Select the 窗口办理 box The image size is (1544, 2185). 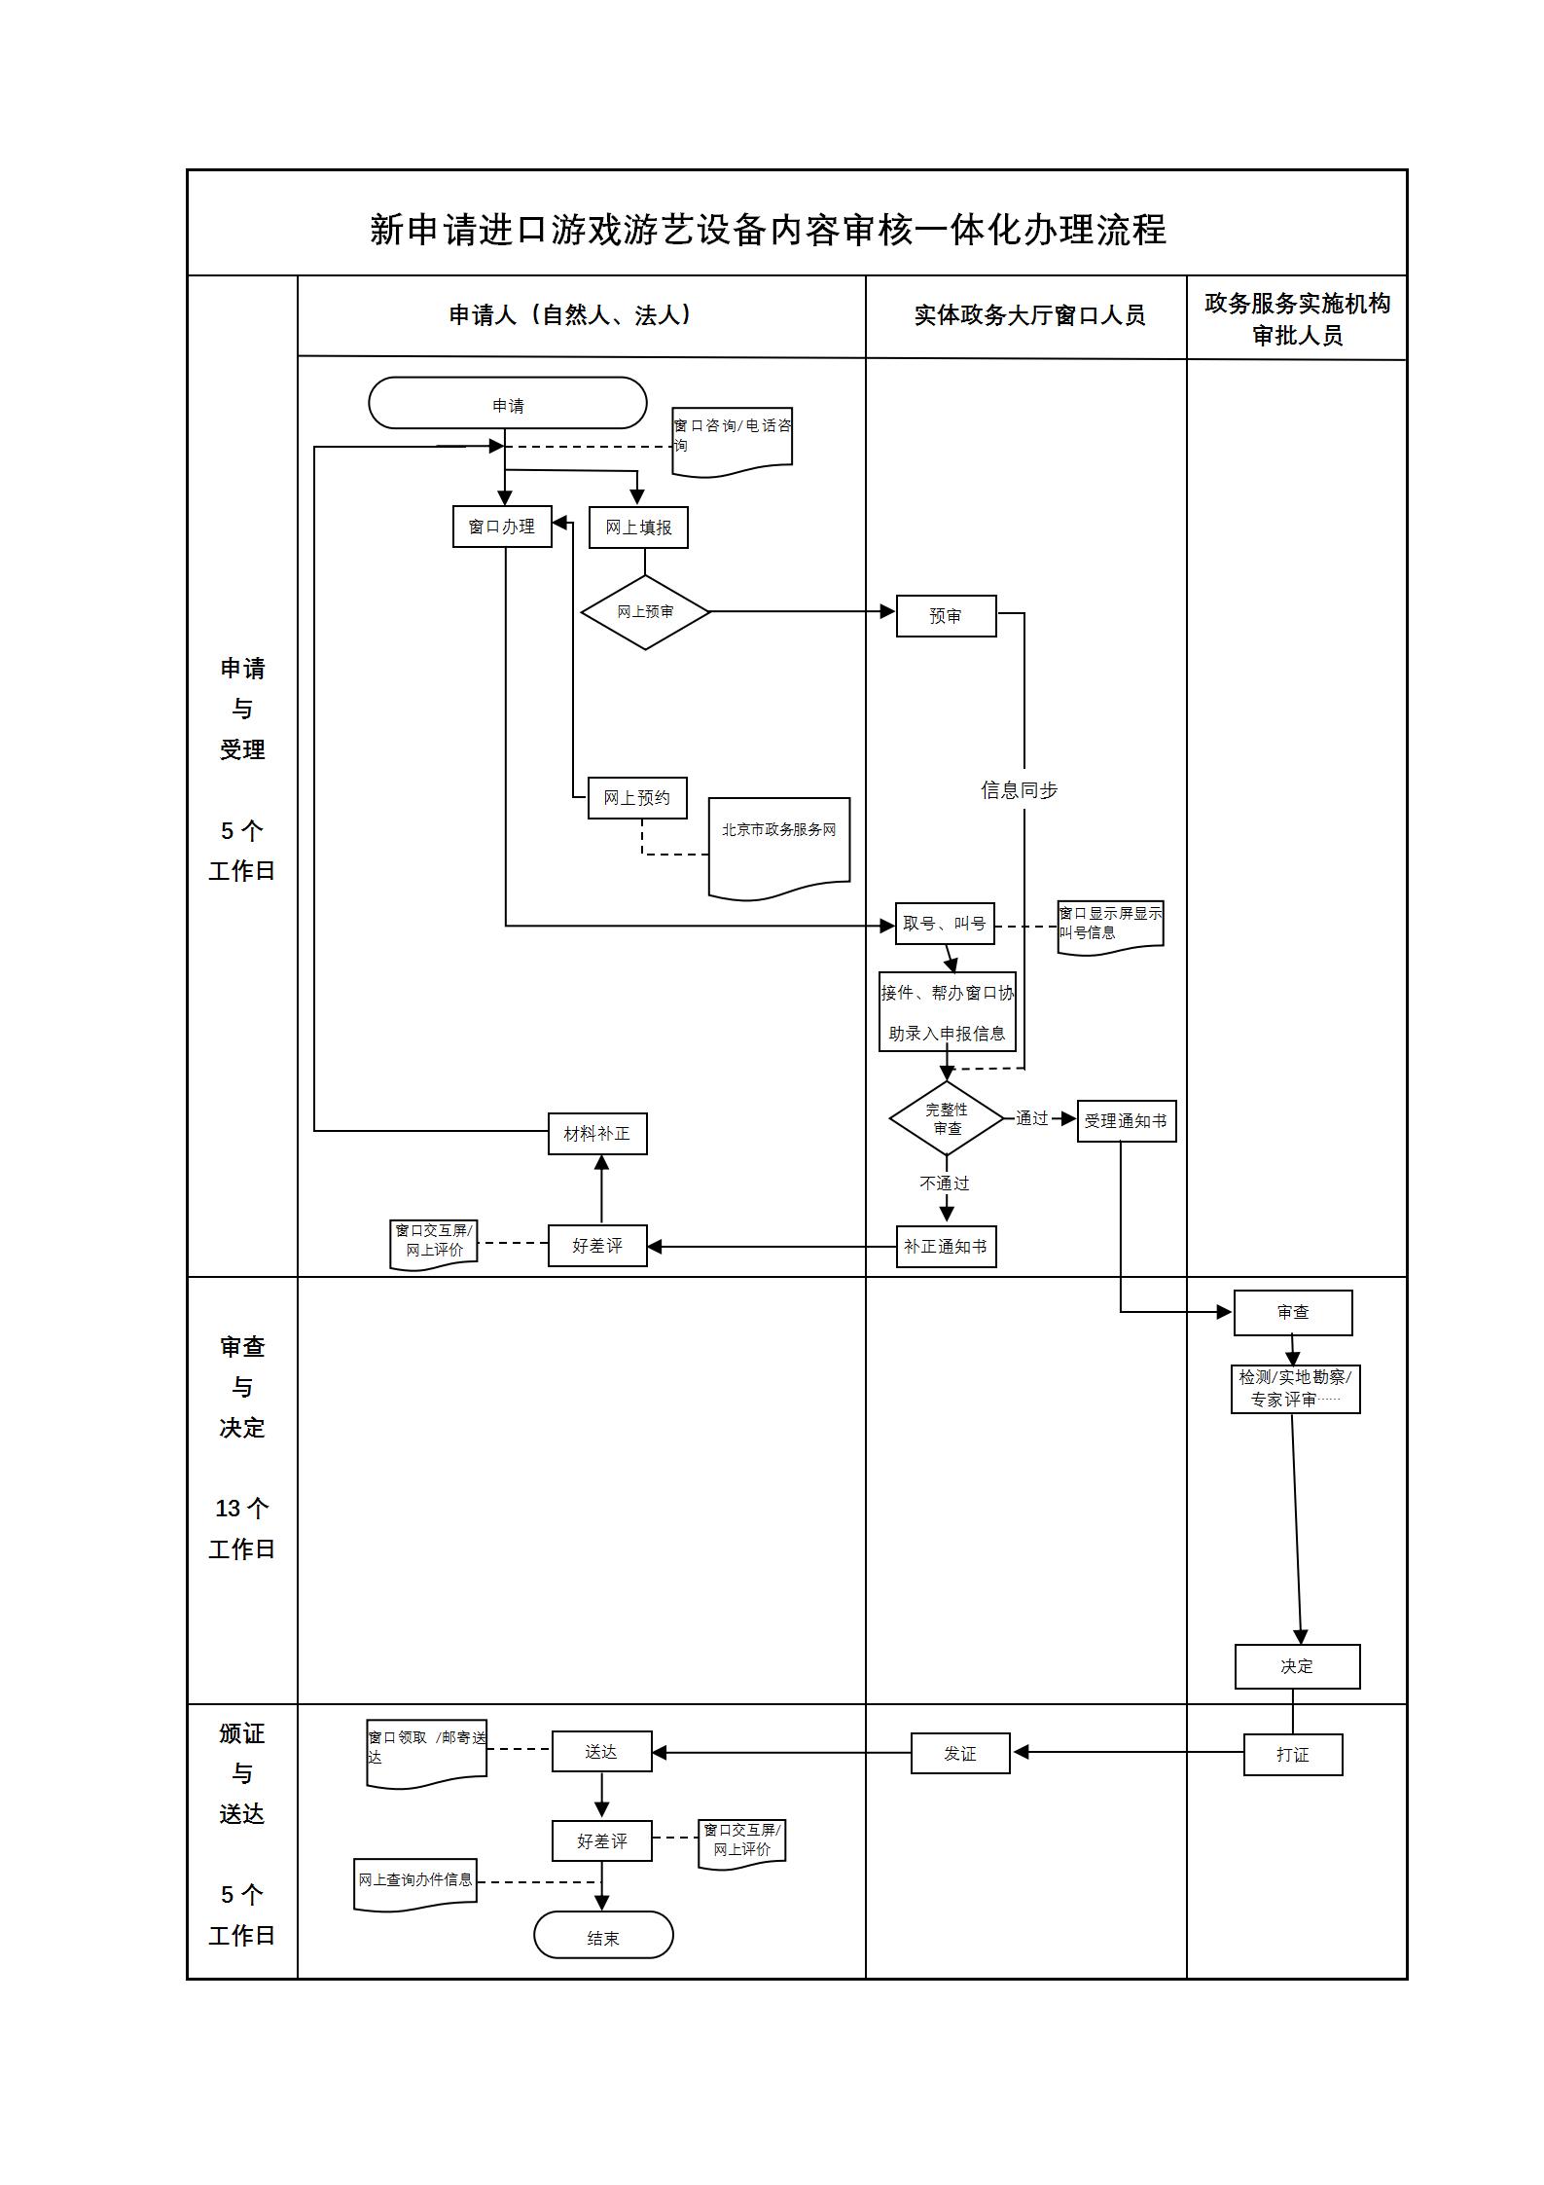point(502,527)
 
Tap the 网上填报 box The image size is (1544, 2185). point(638,528)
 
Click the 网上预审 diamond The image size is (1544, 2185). point(645,612)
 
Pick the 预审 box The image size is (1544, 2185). point(946,616)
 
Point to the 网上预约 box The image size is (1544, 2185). point(637,798)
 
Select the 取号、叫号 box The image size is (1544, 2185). point(944,924)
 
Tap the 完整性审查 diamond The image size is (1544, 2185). point(947,1118)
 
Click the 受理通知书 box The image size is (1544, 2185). point(1127,1121)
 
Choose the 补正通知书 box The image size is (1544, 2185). point(946,1247)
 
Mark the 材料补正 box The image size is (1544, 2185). point(597,1134)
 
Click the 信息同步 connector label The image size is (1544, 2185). point(1019,790)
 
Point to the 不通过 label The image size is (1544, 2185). point(945,1184)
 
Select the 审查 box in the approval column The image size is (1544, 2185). point(1293,1313)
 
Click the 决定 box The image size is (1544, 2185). point(1297,1667)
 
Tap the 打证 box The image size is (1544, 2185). point(1293,1755)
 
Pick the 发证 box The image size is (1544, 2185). point(960,1754)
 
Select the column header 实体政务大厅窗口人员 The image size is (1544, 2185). point(1029,315)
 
